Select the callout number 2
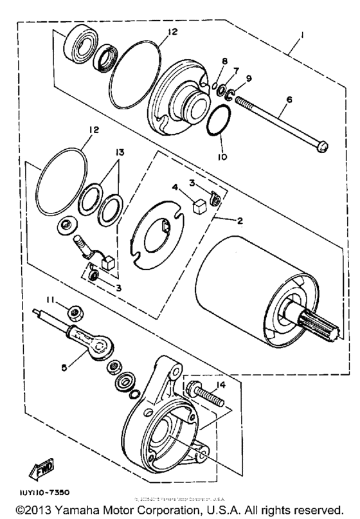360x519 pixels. pyautogui.click(x=239, y=220)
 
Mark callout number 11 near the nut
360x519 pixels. pyautogui.click(x=49, y=299)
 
